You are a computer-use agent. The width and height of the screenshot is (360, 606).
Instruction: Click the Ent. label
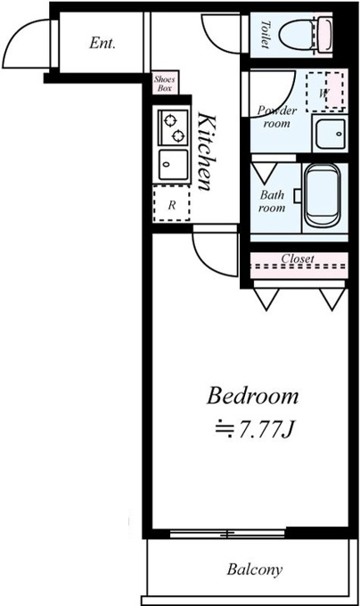click(102, 43)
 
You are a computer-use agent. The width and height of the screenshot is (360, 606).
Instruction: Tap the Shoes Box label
click(165, 84)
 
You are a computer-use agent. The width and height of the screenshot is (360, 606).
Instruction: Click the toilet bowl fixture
click(305, 35)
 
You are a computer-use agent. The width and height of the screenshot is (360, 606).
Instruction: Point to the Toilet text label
click(265, 35)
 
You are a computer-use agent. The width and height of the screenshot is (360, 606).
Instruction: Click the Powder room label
click(277, 117)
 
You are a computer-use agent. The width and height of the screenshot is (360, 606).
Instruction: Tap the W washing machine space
click(325, 92)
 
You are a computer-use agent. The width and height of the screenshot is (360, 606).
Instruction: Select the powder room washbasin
click(331, 134)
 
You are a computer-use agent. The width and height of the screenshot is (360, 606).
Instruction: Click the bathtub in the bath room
click(323, 196)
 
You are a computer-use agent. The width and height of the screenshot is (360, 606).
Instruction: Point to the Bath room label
click(272, 201)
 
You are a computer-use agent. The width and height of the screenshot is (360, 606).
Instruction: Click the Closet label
click(298, 258)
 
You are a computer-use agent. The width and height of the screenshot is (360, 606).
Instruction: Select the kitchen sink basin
click(174, 165)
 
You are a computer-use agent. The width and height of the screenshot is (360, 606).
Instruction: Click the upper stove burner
click(169, 120)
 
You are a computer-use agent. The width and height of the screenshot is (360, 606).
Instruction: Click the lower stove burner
click(178, 135)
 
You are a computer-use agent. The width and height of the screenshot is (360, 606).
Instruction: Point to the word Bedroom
click(252, 397)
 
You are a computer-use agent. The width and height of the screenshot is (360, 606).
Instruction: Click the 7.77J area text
click(264, 429)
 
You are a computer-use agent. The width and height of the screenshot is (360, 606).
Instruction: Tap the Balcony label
click(255, 569)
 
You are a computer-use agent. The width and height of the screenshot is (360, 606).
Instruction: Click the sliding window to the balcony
click(227, 534)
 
